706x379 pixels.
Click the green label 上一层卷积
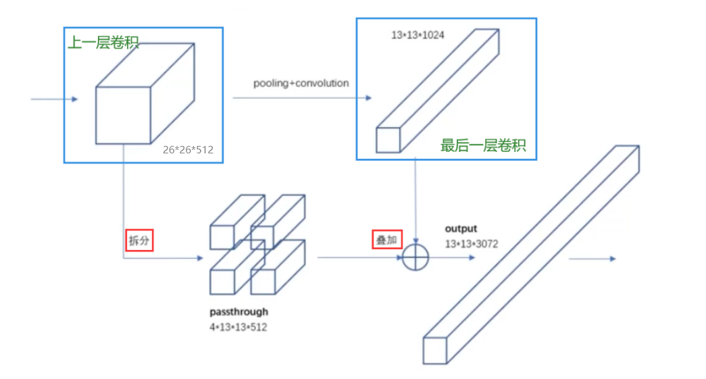coord(103,43)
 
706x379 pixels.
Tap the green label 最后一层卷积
coord(482,145)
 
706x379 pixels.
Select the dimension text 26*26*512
coord(188,150)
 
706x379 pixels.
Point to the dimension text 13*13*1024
coord(418,34)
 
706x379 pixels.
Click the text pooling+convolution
coord(301,84)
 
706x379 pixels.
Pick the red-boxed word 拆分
coord(140,241)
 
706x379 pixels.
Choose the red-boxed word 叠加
coord(387,240)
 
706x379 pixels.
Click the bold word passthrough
coord(238,312)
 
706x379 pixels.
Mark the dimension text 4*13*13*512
coord(238,327)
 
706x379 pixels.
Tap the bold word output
coord(461,229)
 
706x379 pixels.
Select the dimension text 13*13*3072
coord(471,244)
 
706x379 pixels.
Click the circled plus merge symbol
coord(415,257)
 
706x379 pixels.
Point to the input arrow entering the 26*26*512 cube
coord(55,99)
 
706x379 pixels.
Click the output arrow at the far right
coord(592,258)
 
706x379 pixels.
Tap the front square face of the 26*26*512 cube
coord(122,115)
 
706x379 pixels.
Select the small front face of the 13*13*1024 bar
coord(388,139)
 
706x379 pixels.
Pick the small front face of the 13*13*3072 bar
coord(435,350)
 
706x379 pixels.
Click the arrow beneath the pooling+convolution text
coord(302,98)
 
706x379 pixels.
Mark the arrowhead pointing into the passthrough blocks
coord(199,257)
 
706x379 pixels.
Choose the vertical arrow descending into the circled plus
coord(415,203)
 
